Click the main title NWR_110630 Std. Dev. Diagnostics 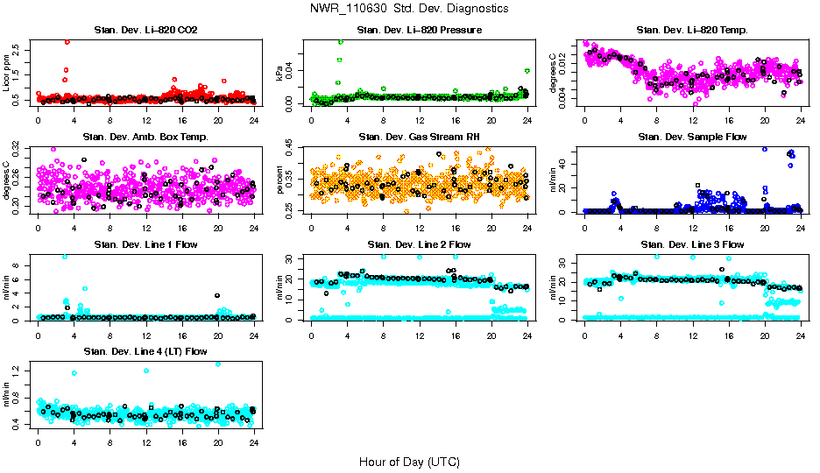point(409,8)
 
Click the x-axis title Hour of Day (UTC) point(409,462)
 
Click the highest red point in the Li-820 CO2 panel point(67,42)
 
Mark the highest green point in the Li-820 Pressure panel point(340,42)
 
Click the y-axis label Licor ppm point(7,74)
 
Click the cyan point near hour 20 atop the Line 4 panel point(217,364)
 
